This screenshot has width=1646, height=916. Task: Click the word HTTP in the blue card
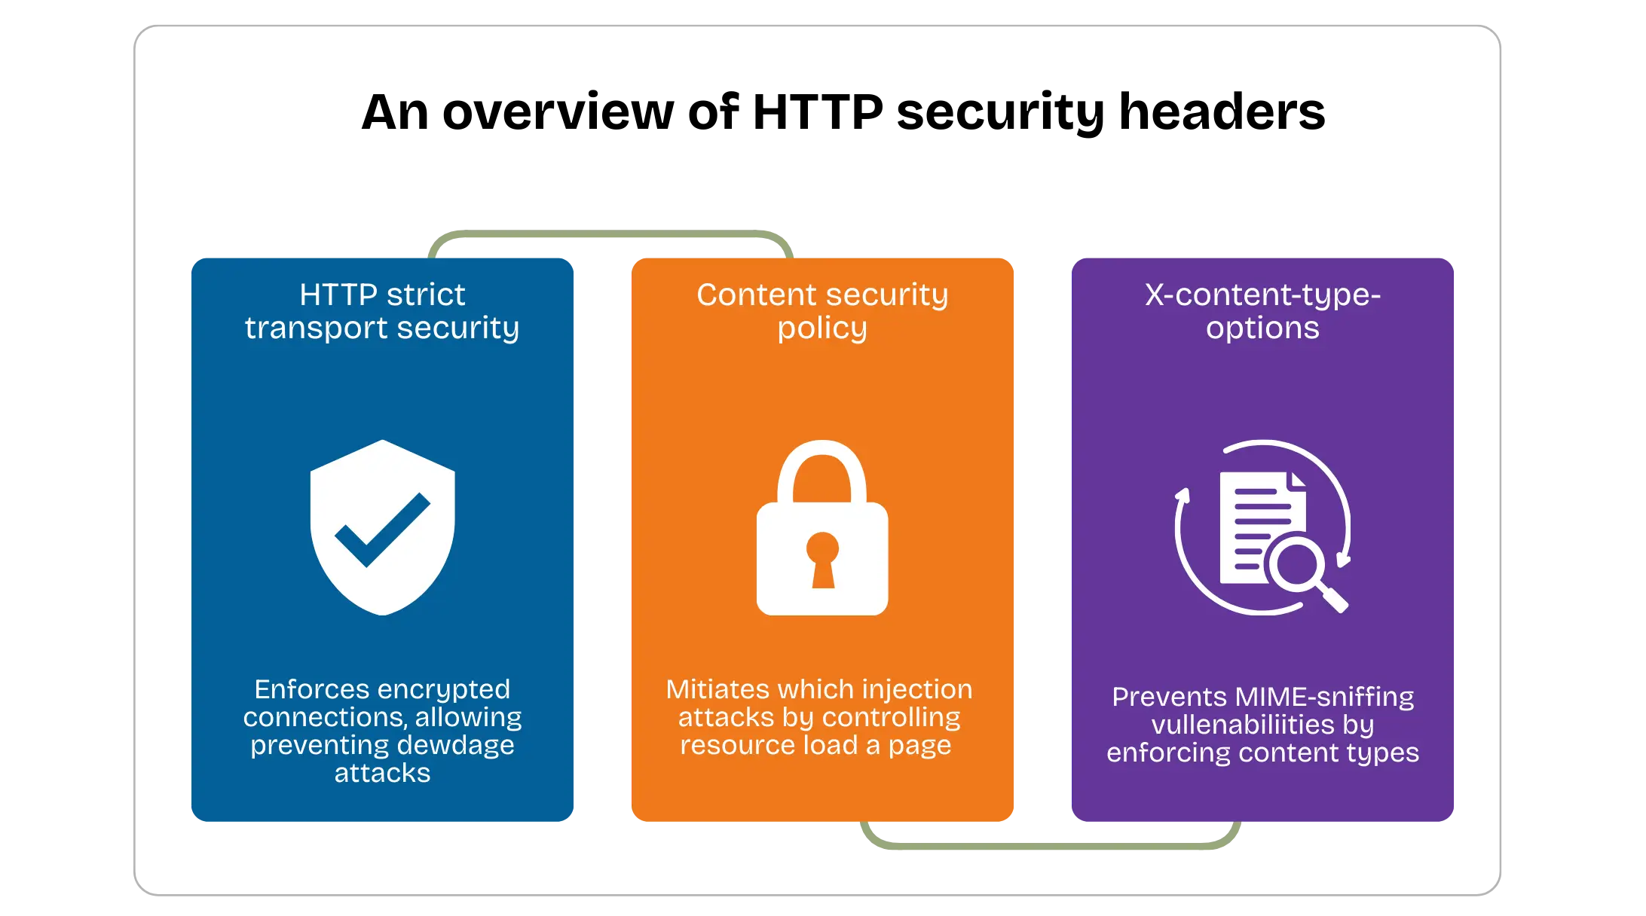tap(338, 295)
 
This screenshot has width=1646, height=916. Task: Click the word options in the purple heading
tap(1262, 328)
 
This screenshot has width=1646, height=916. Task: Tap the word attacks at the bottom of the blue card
tap(382, 773)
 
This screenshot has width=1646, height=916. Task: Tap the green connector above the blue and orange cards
tap(610, 236)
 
